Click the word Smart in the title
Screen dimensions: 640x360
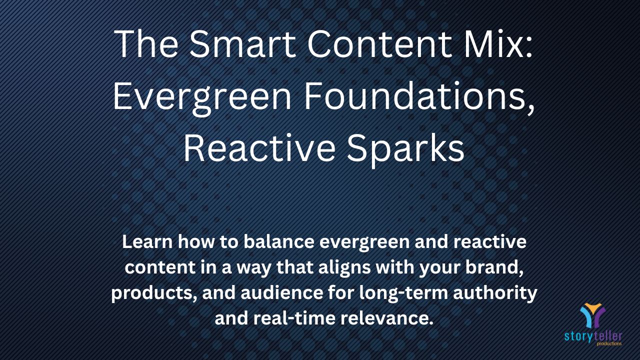point(242,44)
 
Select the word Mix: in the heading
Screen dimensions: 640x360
point(498,44)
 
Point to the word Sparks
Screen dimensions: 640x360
point(405,148)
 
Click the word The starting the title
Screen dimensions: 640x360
point(145,44)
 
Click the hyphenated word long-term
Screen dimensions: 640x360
point(403,293)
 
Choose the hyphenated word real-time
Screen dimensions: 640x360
point(294,318)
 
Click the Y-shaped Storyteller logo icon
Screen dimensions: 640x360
point(593,315)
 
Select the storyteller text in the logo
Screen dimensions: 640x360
point(593,336)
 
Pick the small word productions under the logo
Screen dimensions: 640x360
point(609,343)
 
